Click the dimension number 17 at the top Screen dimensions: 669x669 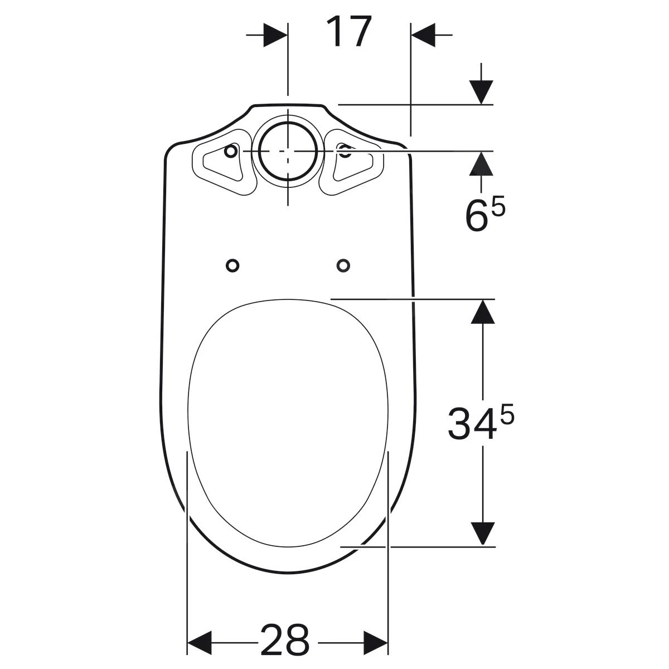coord(348,32)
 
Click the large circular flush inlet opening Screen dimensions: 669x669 coord(288,151)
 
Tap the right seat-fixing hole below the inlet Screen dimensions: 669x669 coord(343,265)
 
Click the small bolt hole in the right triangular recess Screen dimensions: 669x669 coord(345,149)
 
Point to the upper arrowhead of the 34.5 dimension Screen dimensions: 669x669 coord(482,312)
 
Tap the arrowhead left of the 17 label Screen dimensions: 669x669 coord(276,35)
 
